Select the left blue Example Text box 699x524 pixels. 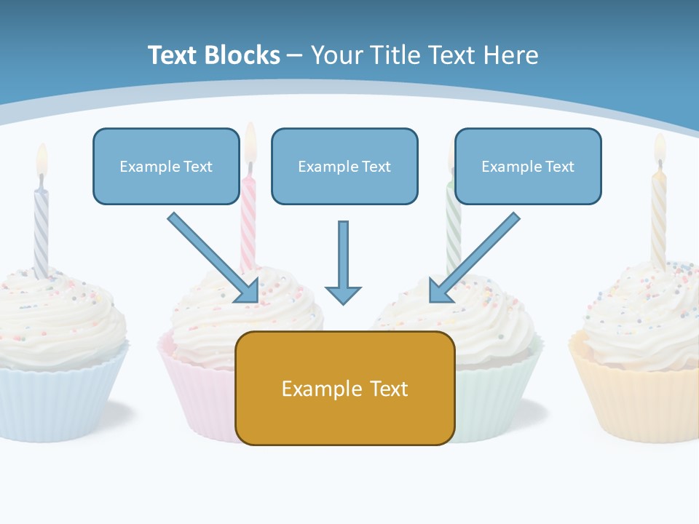(166, 167)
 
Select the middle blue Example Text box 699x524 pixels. (344, 167)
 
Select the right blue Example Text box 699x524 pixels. (528, 167)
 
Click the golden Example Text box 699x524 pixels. (344, 389)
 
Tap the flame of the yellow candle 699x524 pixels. (660, 148)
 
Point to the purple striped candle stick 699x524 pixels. (41, 226)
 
